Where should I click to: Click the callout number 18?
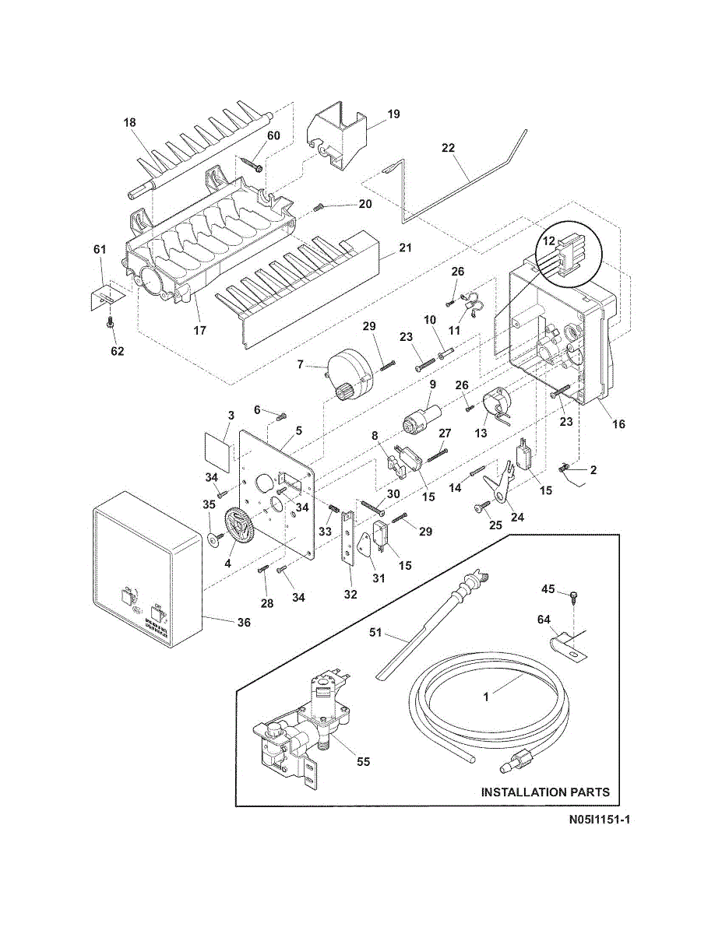pos(129,122)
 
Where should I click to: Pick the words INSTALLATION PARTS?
pos(545,792)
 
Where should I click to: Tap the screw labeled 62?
pos(112,321)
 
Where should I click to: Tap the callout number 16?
pos(618,424)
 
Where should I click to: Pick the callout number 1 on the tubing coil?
pos(486,697)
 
